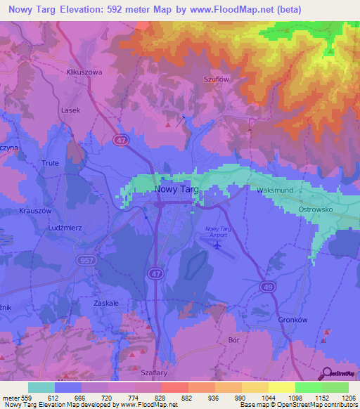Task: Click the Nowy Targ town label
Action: [x=176, y=190]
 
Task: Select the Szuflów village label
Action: [x=217, y=79]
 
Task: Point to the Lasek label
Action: [x=70, y=110]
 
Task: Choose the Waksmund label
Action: [x=274, y=190]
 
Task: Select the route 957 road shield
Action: [x=84, y=259]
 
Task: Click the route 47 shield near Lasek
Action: [x=120, y=141]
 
